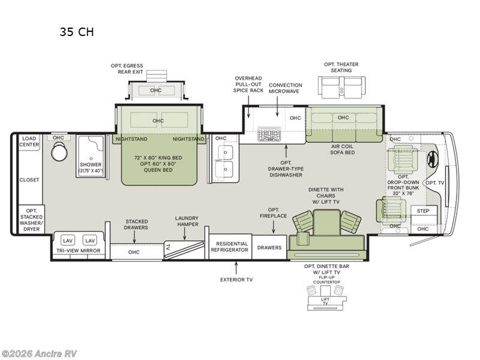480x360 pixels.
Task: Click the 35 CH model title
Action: click(x=76, y=32)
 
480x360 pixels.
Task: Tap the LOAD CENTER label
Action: click(x=29, y=141)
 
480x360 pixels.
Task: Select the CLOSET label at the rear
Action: click(x=29, y=179)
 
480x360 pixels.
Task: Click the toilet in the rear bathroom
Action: click(x=58, y=154)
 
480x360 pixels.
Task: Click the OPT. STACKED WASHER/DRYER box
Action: click(x=31, y=220)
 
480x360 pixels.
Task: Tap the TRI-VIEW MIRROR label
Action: click(x=78, y=250)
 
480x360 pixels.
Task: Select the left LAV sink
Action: click(x=67, y=240)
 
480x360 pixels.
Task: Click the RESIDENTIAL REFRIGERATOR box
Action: click(x=229, y=247)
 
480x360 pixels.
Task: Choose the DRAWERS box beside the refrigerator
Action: click(x=269, y=247)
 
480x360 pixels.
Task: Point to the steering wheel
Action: click(x=433, y=159)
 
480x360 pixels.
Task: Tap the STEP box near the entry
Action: click(x=424, y=211)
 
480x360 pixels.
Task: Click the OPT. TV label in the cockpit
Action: click(x=435, y=182)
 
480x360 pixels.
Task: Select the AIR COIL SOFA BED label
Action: click(x=343, y=149)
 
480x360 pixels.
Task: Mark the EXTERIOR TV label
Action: click(x=236, y=278)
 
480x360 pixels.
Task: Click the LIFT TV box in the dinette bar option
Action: click(x=325, y=301)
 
